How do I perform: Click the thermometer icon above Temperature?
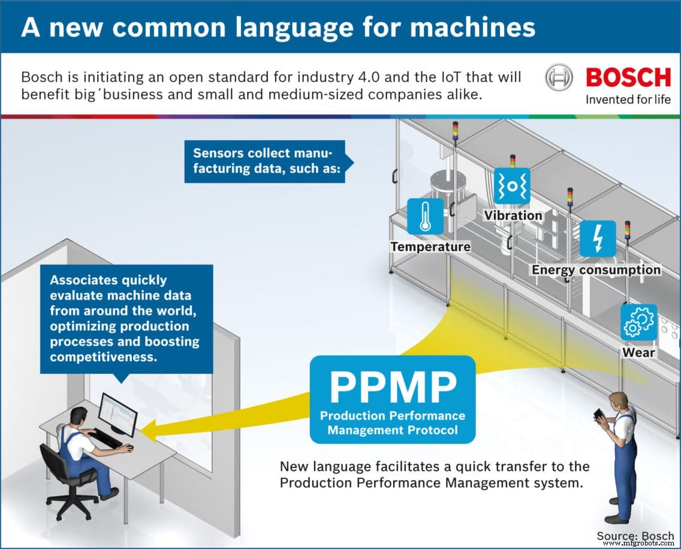coord(425,216)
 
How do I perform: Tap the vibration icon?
coord(512,186)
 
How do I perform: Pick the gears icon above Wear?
coord(638,322)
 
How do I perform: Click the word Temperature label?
coord(430,246)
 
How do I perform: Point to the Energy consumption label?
coord(596,270)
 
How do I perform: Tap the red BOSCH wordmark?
coord(628,78)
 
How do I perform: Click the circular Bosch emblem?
coord(559,79)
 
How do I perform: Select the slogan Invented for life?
coord(628,99)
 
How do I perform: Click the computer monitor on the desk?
coord(117,414)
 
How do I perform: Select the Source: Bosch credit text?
coord(635,535)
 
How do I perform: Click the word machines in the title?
coord(468,28)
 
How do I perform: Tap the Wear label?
coord(638,352)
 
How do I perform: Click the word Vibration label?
coord(513,215)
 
